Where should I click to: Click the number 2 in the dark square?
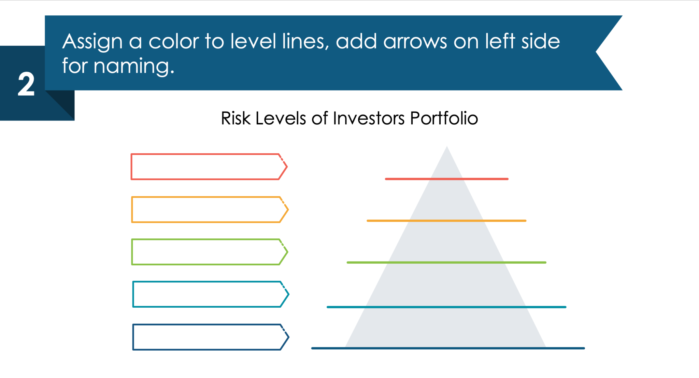tap(26, 84)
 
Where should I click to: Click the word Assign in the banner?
tap(92, 42)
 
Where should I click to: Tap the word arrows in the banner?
tap(415, 42)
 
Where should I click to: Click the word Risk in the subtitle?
tap(236, 118)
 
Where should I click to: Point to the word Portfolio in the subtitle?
tap(444, 118)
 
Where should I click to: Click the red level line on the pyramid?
tap(446, 179)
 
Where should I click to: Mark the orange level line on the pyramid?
tap(446, 221)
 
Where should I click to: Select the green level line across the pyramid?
tap(446, 262)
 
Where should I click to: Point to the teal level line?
tap(446, 307)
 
